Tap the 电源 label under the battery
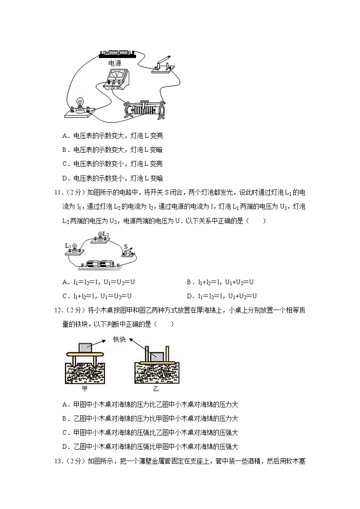coord(115,64)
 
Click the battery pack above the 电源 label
coord(117,54)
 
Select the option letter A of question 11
coord(65,282)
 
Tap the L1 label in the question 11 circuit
coord(68,245)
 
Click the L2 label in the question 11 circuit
coord(106,234)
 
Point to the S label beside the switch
coord(126,247)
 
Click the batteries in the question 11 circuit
coord(100,264)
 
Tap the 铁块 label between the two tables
coord(119,339)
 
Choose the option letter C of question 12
coord(65,432)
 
